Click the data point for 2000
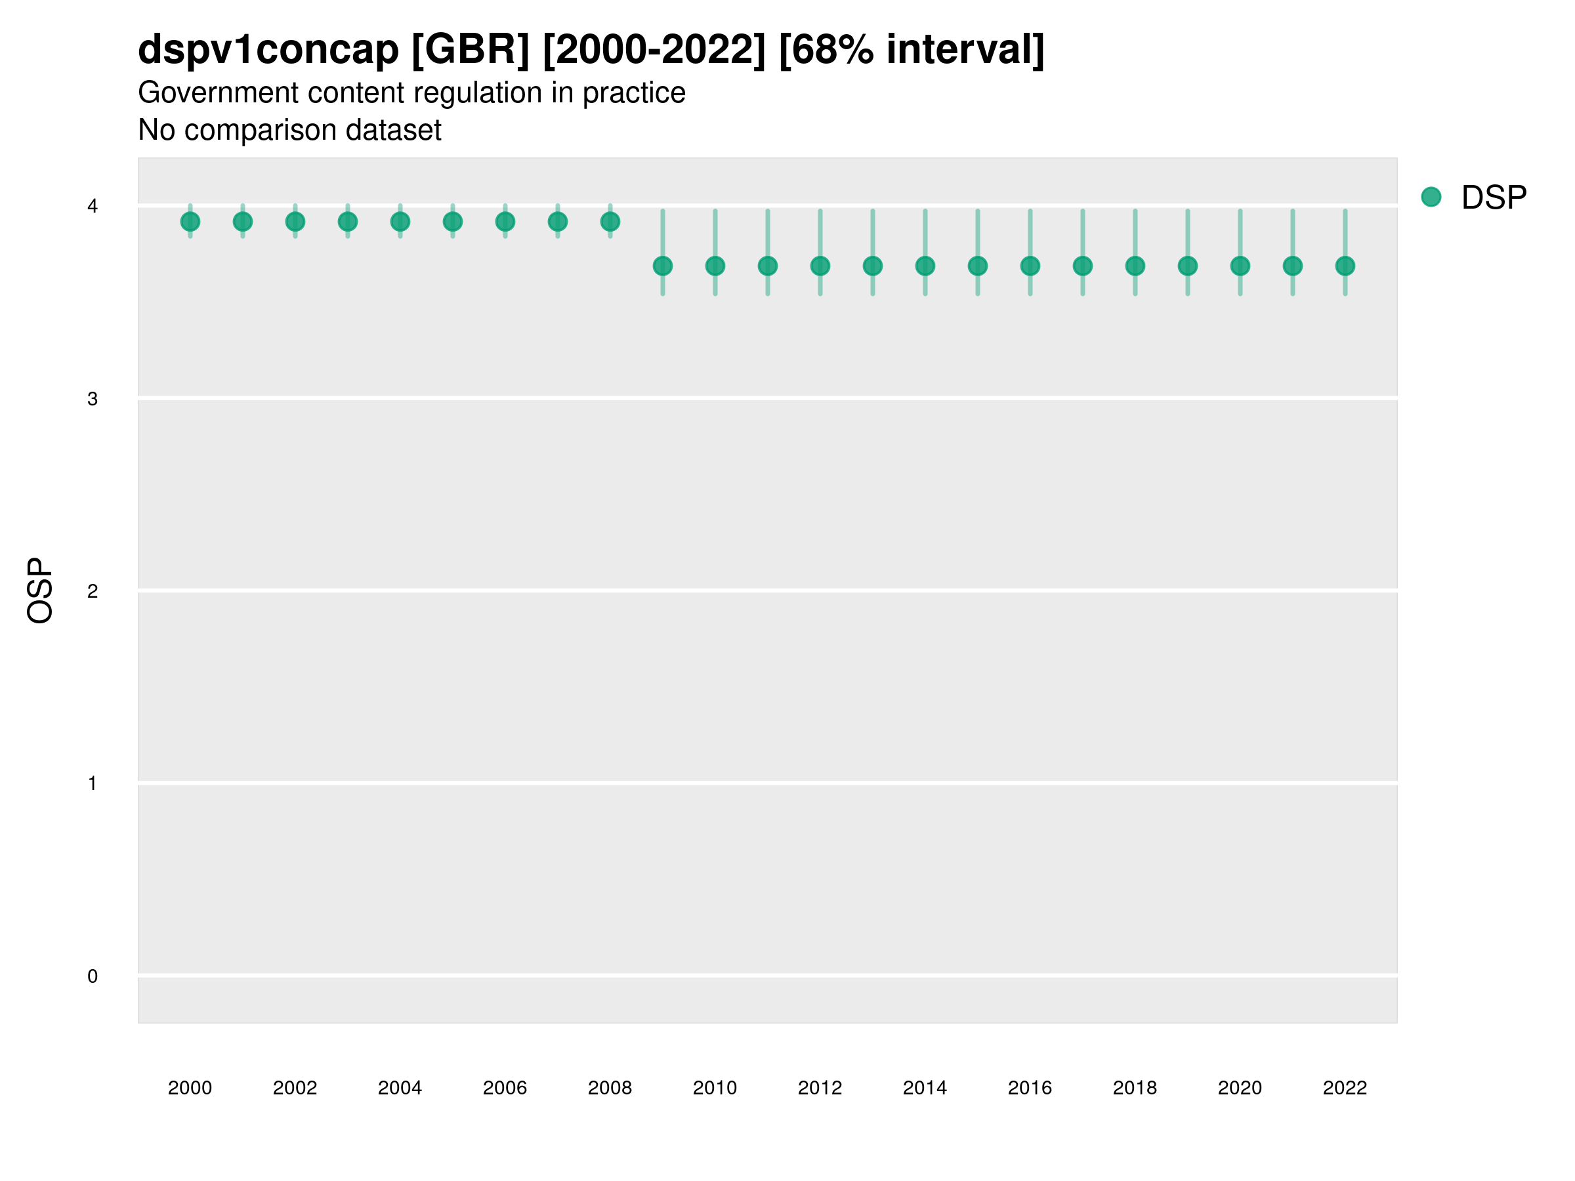(190, 222)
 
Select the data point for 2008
(610, 222)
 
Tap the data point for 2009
(663, 266)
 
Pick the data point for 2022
(1345, 266)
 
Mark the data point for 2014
(925, 266)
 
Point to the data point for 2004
(400, 222)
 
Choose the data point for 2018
(1135, 266)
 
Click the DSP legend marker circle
(1431, 197)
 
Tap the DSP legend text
(1494, 198)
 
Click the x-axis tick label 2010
(715, 1088)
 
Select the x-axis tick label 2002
(295, 1088)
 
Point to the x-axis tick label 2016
(1030, 1088)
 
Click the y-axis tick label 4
(93, 207)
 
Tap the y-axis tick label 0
(93, 976)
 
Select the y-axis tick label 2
(93, 591)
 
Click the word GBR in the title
(471, 50)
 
